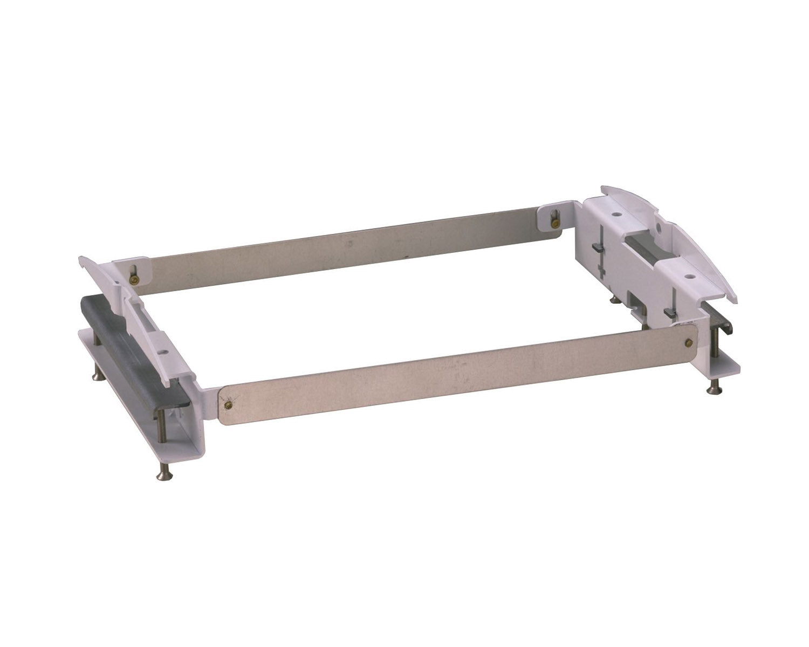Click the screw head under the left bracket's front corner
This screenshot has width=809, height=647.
point(161,474)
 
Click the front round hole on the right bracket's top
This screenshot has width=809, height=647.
point(690,277)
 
